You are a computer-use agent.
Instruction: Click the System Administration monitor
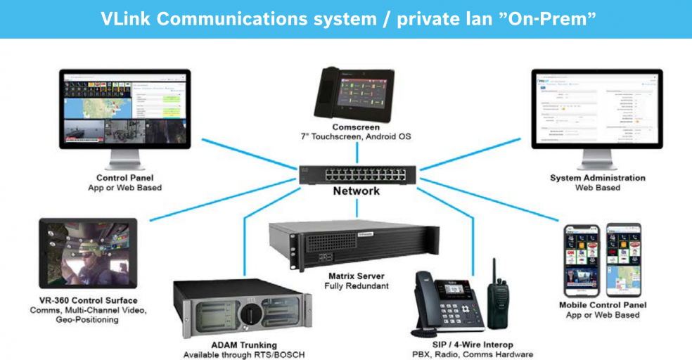pyautogui.click(x=596, y=112)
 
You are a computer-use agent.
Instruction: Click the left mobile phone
pyautogui.click(x=582, y=260)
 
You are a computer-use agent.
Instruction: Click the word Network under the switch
pyautogui.click(x=357, y=191)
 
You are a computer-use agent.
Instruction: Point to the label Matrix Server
pyautogui.click(x=357, y=276)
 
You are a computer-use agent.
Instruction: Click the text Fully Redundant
pyautogui.click(x=357, y=286)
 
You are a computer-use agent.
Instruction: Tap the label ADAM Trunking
pyautogui.click(x=244, y=345)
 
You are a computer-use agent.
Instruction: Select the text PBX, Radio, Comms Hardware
pyautogui.click(x=473, y=354)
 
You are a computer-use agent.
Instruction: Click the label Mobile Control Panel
pyautogui.click(x=603, y=305)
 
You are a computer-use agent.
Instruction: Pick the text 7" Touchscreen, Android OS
pyautogui.click(x=357, y=135)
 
